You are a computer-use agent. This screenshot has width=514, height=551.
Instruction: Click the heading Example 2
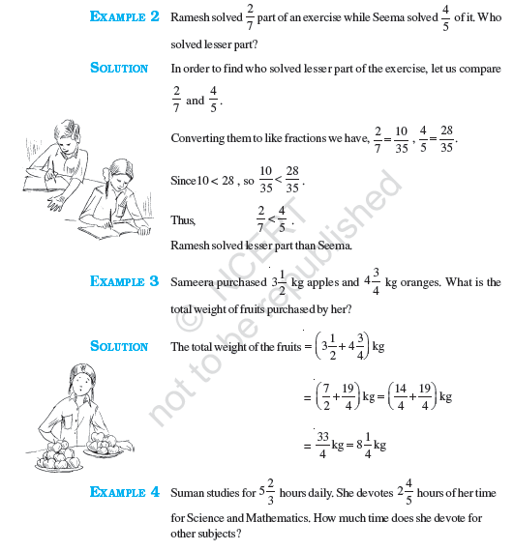click(x=124, y=17)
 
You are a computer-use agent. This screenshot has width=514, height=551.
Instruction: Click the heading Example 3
click(x=124, y=282)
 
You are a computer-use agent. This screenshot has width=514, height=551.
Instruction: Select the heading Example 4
click(x=124, y=493)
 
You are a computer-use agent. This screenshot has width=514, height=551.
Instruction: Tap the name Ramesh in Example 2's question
click(x=192, y=18)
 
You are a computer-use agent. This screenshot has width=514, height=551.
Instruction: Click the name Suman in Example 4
click(x=188, y=493)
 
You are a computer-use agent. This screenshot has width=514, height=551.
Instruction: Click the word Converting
click(x=198, y=138)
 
